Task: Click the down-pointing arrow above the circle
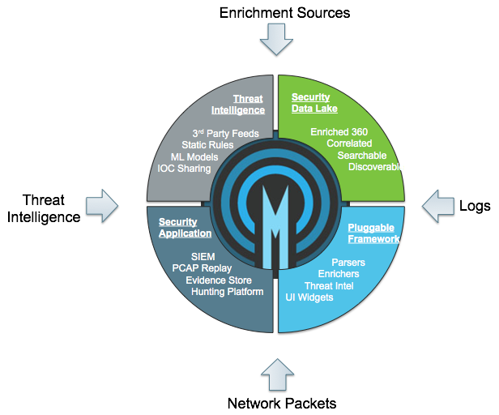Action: [276, 37]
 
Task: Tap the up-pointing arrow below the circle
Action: [277, 375]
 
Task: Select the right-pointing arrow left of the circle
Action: [102, 205]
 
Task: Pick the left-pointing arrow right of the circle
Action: [438, 205]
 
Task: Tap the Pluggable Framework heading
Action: [373, 233]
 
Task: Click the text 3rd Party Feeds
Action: [226, 133]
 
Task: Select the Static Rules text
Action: [207, 145]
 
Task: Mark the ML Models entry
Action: [194, 156]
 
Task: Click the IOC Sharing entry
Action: [184, 169]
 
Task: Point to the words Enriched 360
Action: [339, 131]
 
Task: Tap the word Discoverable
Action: [376, 167]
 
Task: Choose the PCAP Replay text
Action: [202, 268]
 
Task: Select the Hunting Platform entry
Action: [228, 292]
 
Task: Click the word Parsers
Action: [348, 263]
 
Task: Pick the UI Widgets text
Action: [309, 297]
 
